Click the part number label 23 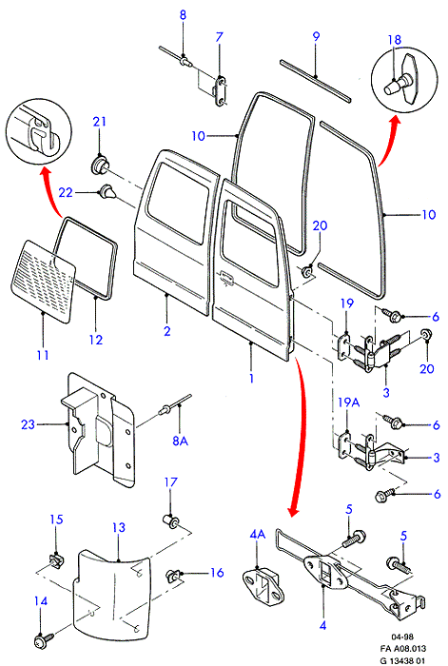pyautogui.click(x=28, y=424)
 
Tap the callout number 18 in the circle pyautogui.click(x=395, y=40)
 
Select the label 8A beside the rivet pyautogui.click(x=180, y=441)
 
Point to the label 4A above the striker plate pyautogui.click(x=258, y=535)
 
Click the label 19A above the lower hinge pyautogui.click(x=349, y=402)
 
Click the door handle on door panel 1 pyautogui.click(x=226, y=277)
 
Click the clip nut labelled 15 pyautogui.click(x=55, y=562)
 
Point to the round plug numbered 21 pyautogui.click(x=99, y=166)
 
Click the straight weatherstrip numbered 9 pyautogui.click(x=316, y=81)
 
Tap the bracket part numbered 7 pyautogui.click(x=220, y=90)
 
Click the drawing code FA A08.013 pyautogui.click(x=403, y=649)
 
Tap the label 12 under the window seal pyautogui.click(x=96, y=340)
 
